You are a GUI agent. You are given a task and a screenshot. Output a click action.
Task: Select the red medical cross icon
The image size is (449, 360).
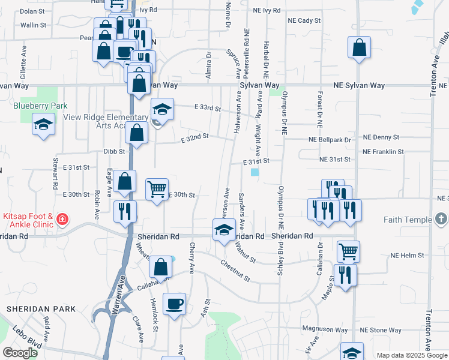pos(62,220)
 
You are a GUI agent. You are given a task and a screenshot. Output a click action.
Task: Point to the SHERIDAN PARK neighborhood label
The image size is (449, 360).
pos(41,309)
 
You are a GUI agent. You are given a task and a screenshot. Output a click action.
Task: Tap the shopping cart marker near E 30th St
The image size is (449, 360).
pos(157,190)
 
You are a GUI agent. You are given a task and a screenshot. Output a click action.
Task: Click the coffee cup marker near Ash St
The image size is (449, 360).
pos(174,304)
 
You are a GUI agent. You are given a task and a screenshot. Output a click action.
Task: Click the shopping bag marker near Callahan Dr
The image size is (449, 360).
pos(161,267)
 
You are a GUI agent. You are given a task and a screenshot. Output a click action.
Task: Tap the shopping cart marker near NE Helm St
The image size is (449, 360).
pos(348,251)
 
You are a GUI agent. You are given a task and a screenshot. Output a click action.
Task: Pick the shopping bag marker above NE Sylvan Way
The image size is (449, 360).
pos(359,48)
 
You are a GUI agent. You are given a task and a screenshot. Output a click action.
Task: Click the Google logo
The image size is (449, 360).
pos(20,353)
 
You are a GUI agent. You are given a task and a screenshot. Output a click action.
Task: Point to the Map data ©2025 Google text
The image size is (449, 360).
pos(411,355)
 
